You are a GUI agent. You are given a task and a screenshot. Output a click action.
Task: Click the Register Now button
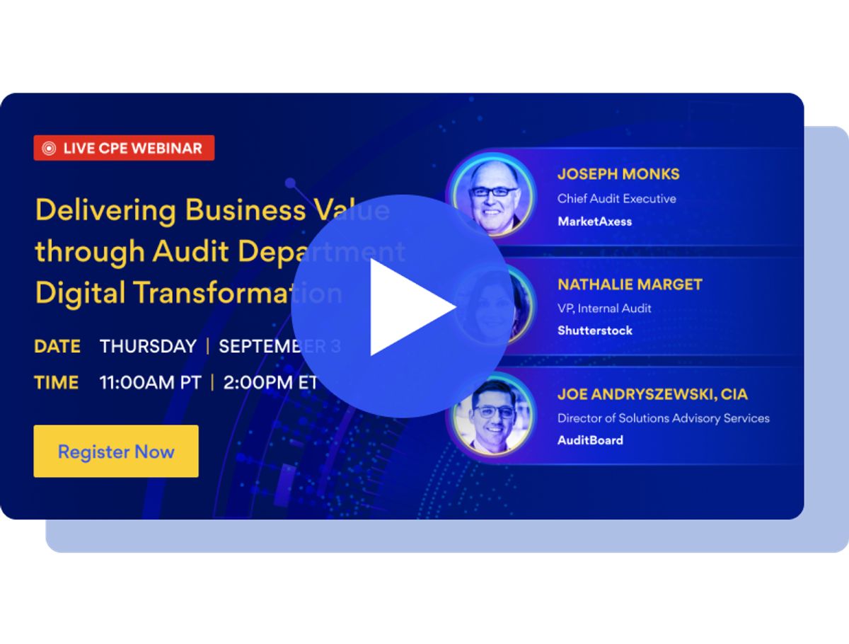[116, 452]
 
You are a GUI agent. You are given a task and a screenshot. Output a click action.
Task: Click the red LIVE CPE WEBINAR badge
[124, 148]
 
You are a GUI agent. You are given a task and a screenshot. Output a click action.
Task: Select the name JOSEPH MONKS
[618, 174]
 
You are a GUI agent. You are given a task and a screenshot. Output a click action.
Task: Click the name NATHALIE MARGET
[630, 284]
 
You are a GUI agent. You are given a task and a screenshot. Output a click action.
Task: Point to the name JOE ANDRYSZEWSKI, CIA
[652, 394]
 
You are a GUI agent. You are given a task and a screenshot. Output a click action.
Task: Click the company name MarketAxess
[594, 222]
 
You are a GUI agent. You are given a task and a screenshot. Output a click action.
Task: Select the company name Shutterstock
[595, 330]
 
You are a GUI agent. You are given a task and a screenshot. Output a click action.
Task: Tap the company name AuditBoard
[590, 440]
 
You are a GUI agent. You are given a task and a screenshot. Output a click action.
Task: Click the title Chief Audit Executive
[616, 199]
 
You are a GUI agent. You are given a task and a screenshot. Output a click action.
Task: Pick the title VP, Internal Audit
[604, 308]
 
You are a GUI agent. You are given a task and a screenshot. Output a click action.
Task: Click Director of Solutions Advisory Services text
[663, 418]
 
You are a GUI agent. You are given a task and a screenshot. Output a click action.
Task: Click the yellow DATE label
[57, 347]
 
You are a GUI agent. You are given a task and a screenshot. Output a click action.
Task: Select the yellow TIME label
[57, 383]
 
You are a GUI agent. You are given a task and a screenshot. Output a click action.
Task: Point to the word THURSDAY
[148, 347]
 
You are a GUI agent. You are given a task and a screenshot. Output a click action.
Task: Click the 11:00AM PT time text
[150, 383]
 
